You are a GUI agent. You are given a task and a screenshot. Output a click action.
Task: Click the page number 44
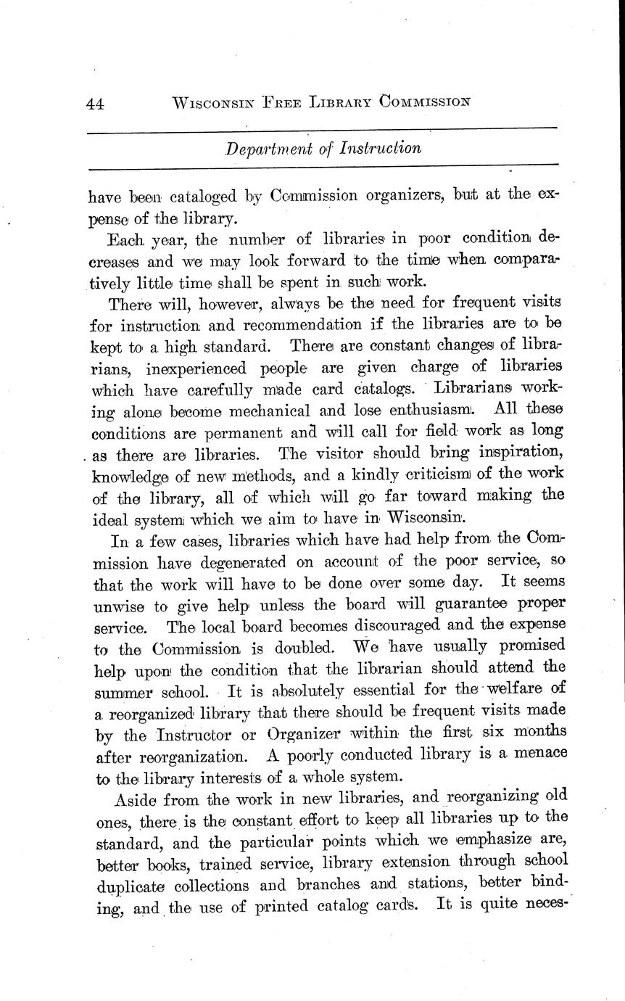(x=95, y=104)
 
